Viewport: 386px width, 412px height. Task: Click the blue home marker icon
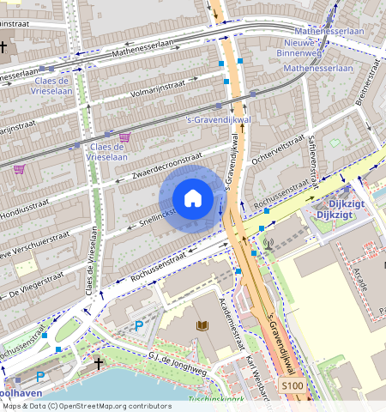(x=193, y=198)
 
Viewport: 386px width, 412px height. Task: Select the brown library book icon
(x=202, y=325)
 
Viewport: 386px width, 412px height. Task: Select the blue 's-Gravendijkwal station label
(x=217, y=119)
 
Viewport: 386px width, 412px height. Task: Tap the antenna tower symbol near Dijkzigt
(x=268, y=243)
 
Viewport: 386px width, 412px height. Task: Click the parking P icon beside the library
(x=139, y=325)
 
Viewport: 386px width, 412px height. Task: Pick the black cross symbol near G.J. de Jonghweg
(x=99, y=364)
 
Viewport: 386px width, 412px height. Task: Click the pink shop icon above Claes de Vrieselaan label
(x=125, y=136)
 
